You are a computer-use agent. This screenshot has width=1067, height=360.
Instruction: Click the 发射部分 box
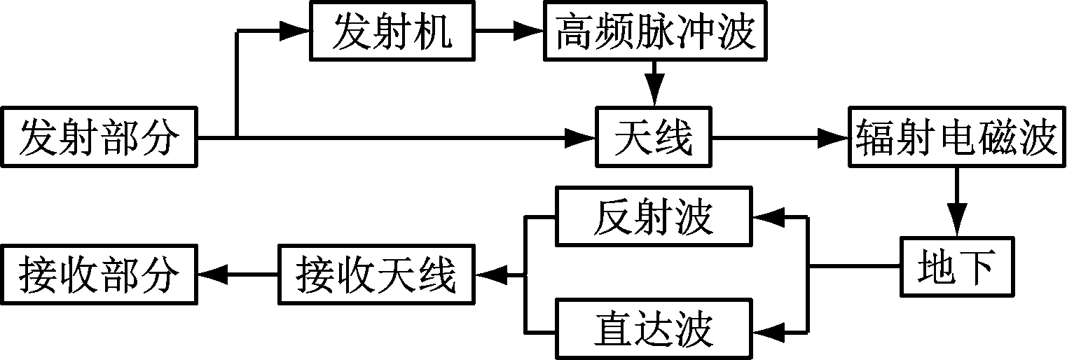point(99,137)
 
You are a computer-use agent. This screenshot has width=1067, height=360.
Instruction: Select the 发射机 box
point(392,32)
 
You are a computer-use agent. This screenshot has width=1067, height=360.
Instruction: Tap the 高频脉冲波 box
point(656,32)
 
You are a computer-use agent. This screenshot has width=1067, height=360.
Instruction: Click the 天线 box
point(653,137)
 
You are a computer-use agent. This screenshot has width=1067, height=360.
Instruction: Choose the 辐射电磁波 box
point(956,137)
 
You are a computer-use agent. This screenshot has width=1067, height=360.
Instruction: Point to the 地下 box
point(956,267)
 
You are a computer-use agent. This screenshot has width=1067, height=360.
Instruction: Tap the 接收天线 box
point(377,274)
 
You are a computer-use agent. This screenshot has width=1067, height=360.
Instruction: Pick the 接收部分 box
point(99,274)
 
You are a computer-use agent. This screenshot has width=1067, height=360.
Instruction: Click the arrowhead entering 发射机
point(296,32)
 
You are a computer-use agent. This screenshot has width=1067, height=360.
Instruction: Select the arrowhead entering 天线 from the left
point(581,137)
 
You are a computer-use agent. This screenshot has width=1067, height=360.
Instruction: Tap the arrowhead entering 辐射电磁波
point(835,137)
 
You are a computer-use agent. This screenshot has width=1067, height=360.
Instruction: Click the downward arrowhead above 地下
point(957,224)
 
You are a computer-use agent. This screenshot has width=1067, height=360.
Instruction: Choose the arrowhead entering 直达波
point(765,328)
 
